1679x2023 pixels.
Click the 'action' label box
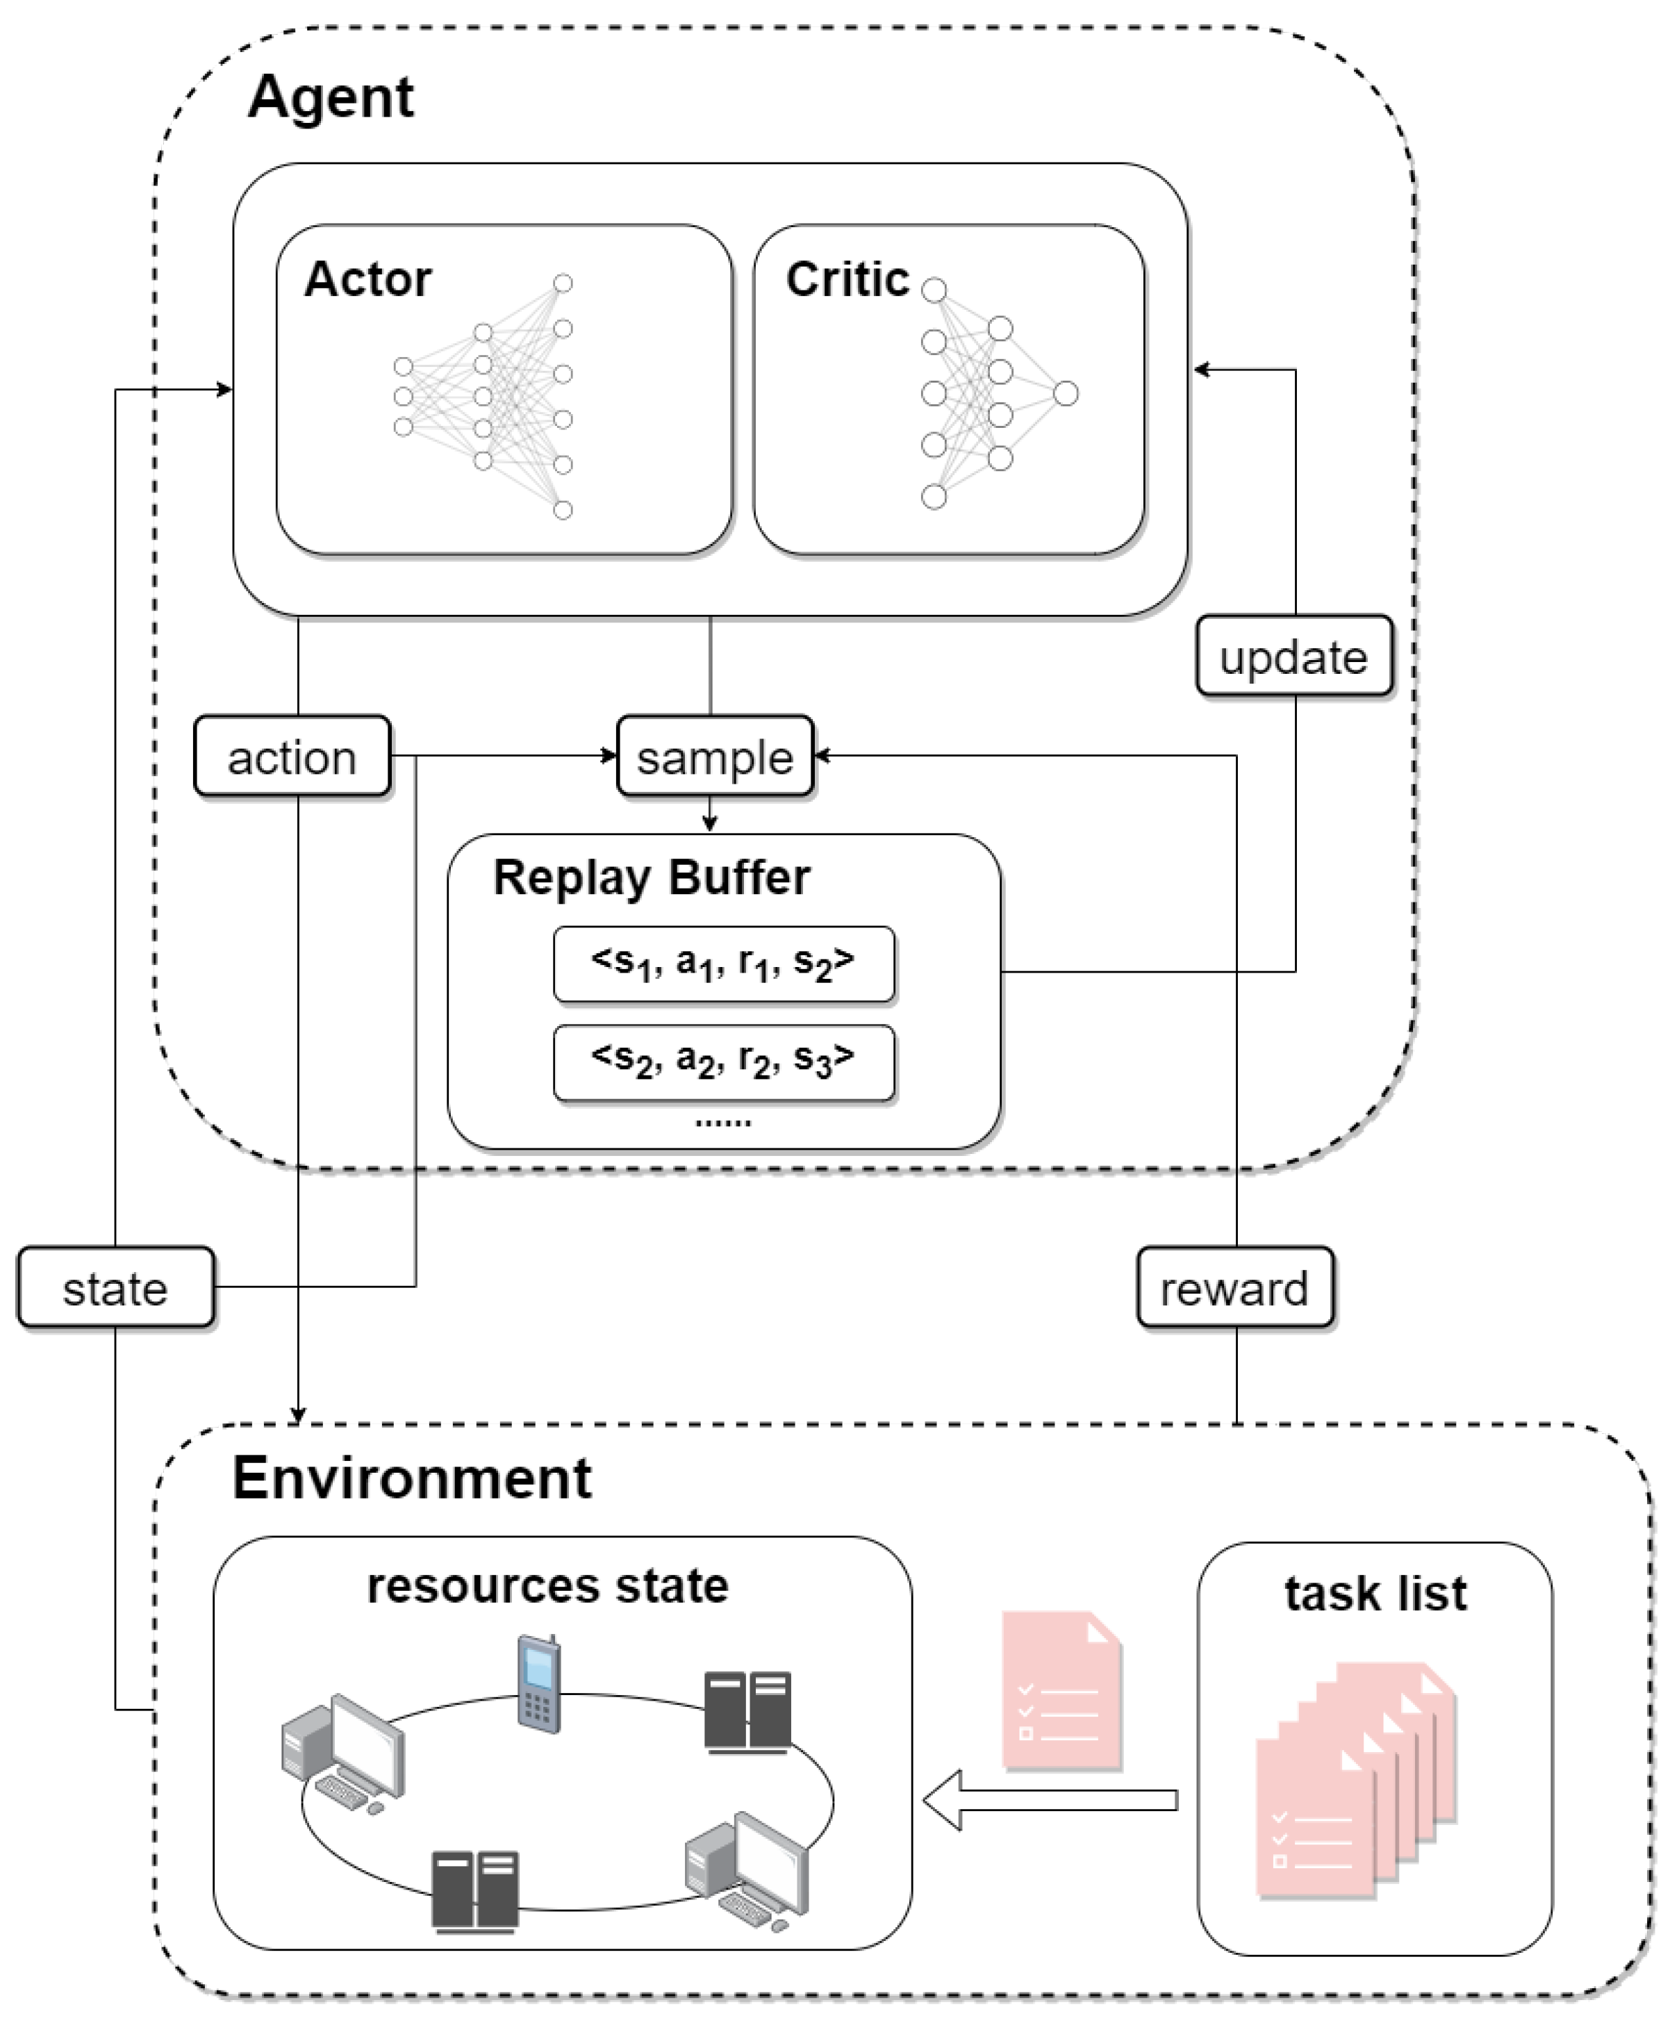tap(292, 757)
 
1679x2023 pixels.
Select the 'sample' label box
tap(715, 757)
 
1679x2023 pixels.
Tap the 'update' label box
tap(1293, 656)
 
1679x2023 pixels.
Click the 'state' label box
tap(115, 1287)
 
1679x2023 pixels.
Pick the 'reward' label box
tap(1235, 1287)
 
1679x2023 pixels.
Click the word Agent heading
tap(331, 97)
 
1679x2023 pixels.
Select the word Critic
tap(847, 279)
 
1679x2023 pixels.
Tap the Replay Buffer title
tap(651, 877)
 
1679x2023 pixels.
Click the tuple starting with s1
tap(723, 964)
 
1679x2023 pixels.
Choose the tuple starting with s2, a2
tap(723, 1062)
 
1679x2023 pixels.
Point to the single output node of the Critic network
tap(1066, 393)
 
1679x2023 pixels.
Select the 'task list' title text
tap(1375, 1594)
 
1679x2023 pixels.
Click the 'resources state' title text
tap(547, 1585)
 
